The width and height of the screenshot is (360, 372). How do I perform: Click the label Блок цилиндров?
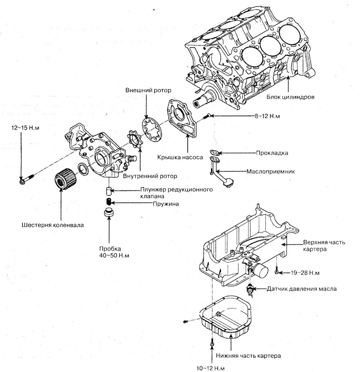(290, 97)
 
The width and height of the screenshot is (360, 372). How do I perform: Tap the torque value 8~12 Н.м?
(267, 116)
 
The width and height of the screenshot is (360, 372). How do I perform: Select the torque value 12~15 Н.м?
(25, 128)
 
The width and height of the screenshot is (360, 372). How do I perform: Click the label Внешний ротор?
(148, 90)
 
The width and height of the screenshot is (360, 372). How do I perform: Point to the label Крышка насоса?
(180, 157)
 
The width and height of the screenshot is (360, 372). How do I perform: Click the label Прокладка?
(272, 153)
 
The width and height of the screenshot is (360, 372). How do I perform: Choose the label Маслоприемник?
(270, 171)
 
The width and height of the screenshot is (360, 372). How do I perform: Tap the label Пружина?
(166, 204)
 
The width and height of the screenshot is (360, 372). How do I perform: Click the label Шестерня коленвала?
(53, 225)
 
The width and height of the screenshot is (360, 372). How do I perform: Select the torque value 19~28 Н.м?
(305, 273)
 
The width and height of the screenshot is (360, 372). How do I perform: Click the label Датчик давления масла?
(302, 289)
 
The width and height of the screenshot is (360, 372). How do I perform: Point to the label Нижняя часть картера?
(248, 356)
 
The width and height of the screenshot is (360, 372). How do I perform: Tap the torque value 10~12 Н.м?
(211, 369)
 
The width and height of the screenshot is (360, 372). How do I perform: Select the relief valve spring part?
(108, 202)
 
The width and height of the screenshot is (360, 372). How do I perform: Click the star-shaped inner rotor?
(134, 139)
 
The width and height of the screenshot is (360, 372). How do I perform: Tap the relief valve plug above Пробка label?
(109, 212)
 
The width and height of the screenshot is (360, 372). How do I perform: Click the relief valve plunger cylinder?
(108, 191)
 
